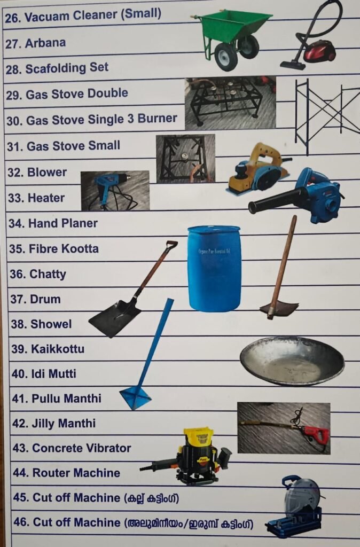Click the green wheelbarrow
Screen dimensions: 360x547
(232, 38)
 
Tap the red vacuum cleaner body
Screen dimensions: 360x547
(319, 51)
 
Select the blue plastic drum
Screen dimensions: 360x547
(214, 268)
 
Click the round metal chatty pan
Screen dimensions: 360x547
(292, 361)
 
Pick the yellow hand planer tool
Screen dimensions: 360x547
(259, 170)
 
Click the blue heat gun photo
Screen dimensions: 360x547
(115, 191)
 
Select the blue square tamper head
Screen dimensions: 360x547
(135, 397)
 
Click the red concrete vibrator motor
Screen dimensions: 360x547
(315, 433)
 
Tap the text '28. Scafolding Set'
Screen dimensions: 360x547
(57, 68)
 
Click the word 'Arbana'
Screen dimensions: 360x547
(45, 43)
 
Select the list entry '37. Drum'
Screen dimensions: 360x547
(35, 299)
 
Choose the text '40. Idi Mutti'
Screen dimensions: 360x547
(44, 373)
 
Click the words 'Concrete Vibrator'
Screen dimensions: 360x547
(82, 448)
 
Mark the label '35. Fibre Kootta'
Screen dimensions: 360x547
(54, 249)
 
